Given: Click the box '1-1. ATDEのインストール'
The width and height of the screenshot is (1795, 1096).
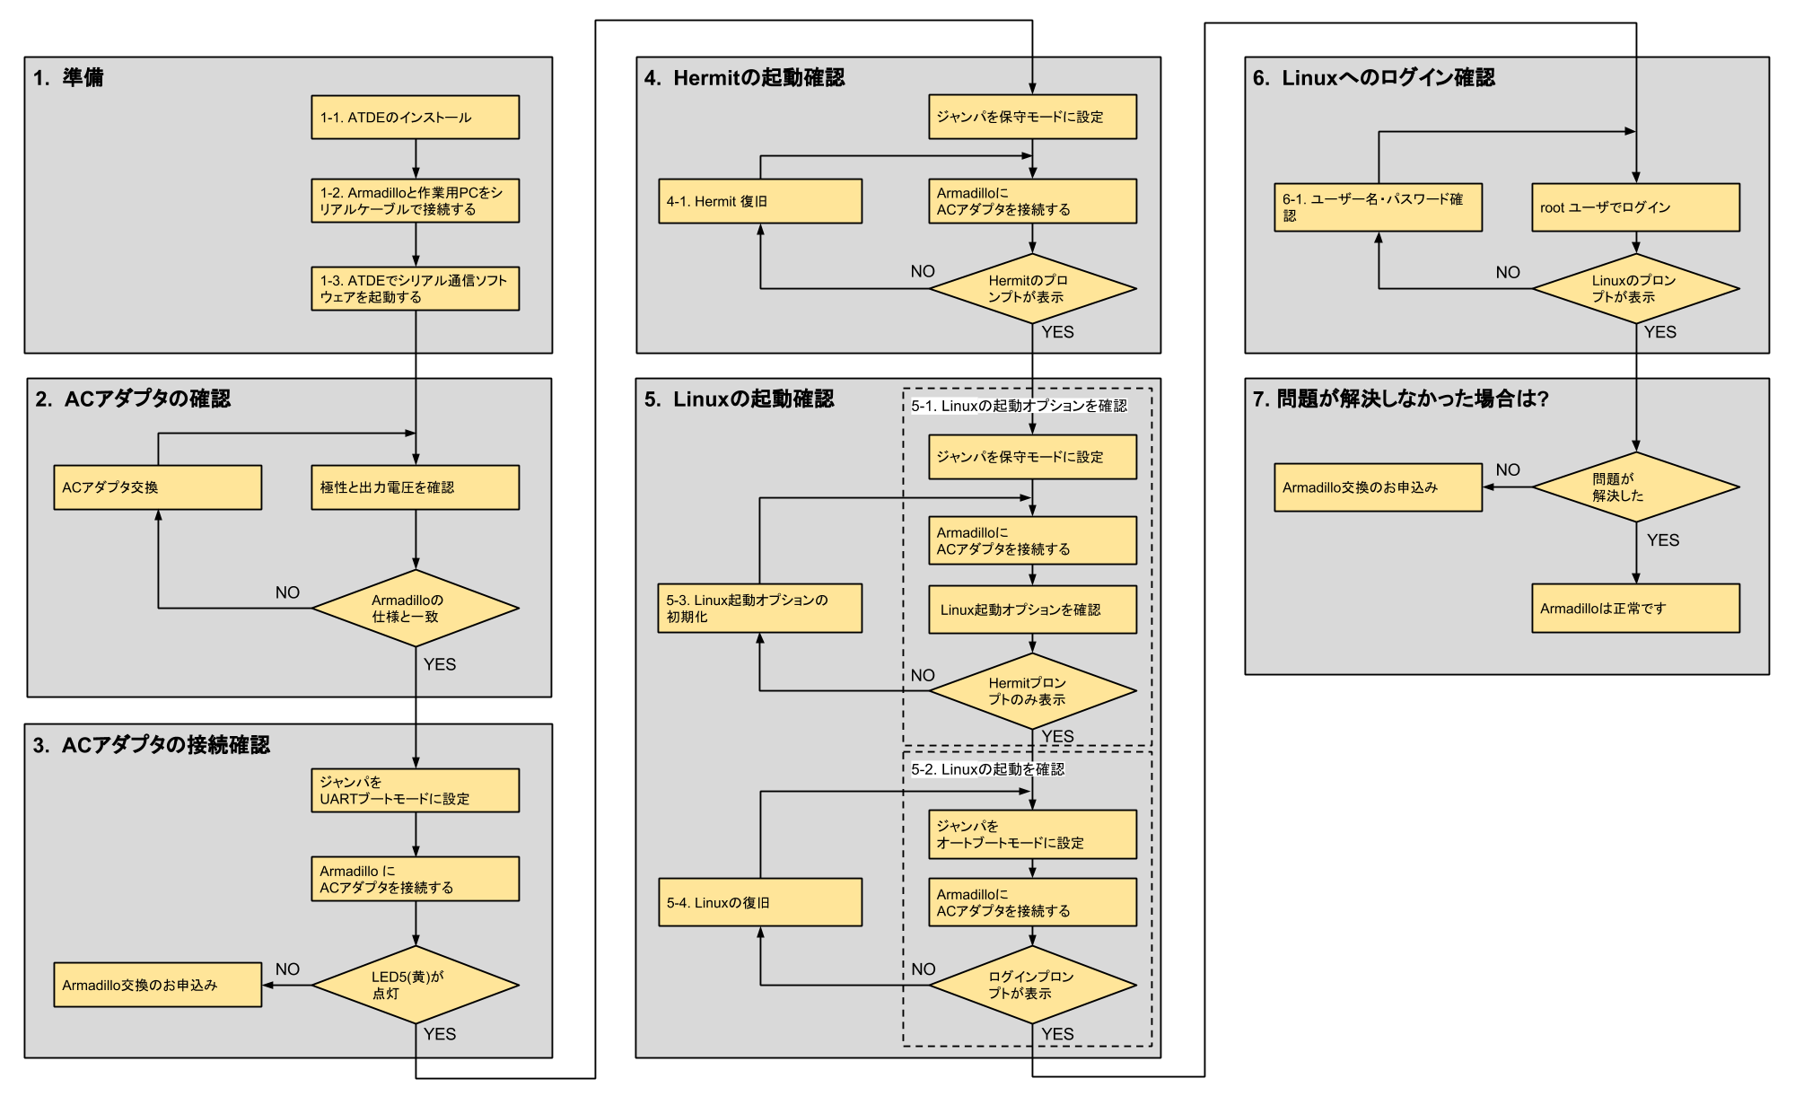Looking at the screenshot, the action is [415, 117].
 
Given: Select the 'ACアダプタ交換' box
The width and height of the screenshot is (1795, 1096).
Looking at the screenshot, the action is [158, 487].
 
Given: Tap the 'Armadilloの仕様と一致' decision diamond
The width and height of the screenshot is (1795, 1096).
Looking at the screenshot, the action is [415, 609].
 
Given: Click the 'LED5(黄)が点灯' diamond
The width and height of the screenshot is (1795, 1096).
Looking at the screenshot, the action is [415, 985].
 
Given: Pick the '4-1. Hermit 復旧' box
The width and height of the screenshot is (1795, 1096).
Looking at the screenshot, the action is [760, 201].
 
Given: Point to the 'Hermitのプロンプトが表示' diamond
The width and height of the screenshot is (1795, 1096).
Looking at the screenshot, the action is [1032, 289].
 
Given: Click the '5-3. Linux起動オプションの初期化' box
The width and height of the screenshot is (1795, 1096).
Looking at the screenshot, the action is [760, 609].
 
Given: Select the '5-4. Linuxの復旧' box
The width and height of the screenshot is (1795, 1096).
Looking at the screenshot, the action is [760, 902].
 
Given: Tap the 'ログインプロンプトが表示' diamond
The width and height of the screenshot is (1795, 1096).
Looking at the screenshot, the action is [1032, 985].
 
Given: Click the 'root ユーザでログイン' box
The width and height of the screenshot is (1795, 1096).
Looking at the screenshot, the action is [1635, 207].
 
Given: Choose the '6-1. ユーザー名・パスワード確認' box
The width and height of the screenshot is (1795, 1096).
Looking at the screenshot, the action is [1378, 207].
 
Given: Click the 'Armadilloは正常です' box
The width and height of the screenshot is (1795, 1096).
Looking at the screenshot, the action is [1635, 609].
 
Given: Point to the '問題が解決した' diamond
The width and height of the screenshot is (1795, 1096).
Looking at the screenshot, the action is [1635, 487].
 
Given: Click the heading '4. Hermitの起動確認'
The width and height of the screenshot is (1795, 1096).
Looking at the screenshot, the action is [744, 78].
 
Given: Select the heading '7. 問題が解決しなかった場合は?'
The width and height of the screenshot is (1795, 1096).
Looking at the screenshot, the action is [1401, 399].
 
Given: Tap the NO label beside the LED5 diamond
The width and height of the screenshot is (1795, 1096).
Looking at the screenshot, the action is [287, 969].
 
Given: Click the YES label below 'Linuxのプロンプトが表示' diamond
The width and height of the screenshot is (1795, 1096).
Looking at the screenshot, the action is [1659, 332].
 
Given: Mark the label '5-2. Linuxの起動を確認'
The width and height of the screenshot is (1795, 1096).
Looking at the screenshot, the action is [987, 769].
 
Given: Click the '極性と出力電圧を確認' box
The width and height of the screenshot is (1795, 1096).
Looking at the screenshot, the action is [415, 487].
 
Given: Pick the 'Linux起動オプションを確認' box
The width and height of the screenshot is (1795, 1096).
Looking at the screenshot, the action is [1032, 609].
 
